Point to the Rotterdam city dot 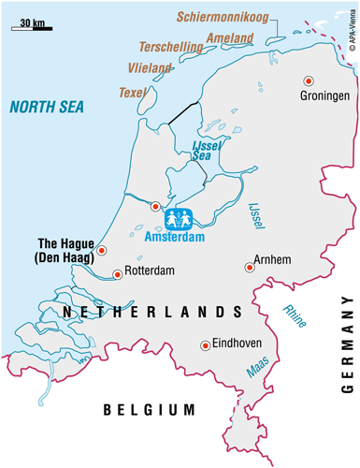coord(117,274)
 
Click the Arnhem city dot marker coord(249,267)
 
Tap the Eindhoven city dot coord(205,345)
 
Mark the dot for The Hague coord(103,250)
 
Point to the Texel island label coord(132,93)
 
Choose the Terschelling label coord(171,46)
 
